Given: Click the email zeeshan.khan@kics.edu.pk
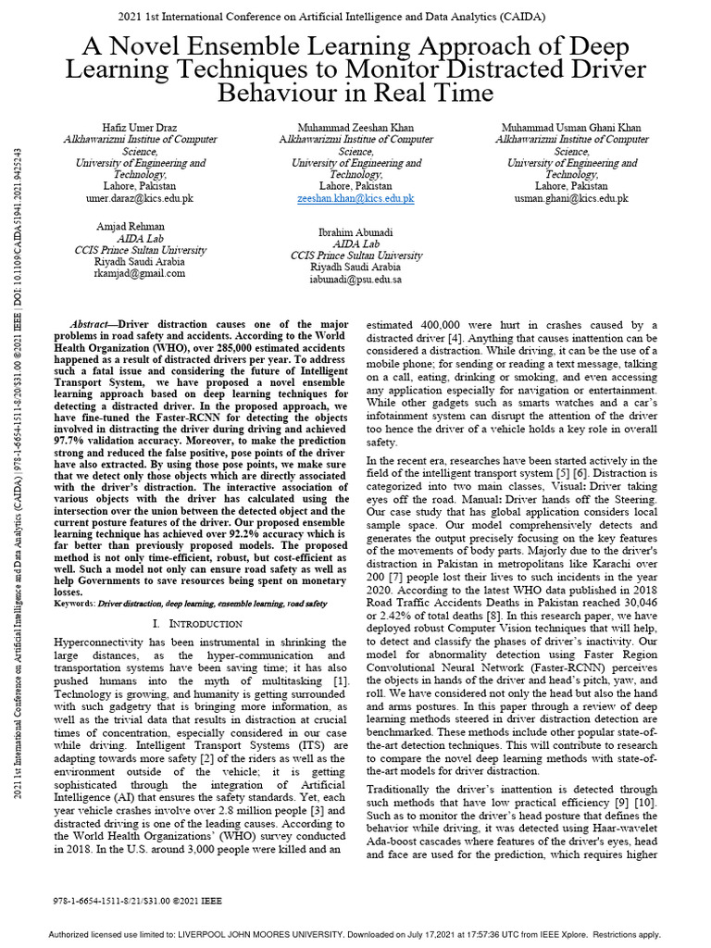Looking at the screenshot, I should [355, 198].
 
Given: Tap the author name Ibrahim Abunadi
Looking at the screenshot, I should [355, 231].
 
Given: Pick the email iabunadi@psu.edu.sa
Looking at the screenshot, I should [355, 279].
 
